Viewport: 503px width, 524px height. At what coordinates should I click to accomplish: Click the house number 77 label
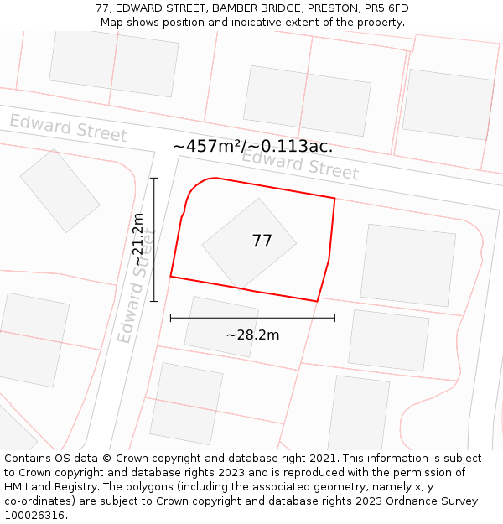point(262,241)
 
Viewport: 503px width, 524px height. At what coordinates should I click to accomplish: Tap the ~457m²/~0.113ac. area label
point(252,146)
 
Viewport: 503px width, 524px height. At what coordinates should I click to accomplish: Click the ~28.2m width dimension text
point(252,335)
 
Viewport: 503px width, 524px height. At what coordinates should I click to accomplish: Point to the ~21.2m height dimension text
point(137,240)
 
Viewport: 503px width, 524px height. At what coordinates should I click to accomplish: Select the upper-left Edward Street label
point(68,128)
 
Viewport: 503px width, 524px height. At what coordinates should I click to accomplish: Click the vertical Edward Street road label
point(137,285)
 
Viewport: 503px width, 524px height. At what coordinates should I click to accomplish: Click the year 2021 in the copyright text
point(323,459)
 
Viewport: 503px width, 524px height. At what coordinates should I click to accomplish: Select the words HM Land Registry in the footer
point(49,487)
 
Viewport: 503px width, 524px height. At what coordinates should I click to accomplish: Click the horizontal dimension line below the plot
point(252,318)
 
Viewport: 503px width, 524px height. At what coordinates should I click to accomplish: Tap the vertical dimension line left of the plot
point(154,240)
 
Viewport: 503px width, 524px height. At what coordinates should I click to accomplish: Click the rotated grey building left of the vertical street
point(60,190)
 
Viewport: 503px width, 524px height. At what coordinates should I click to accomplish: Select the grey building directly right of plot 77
point(408,264)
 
